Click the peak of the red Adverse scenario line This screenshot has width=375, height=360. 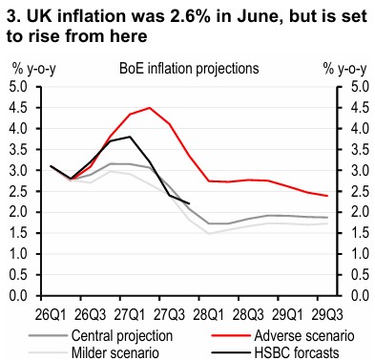(x=150, y=108)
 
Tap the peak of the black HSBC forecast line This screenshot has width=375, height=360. (x=130, y=137)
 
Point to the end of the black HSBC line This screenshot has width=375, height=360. (x=189, y=203)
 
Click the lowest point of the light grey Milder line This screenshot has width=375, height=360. (x=209, y=233)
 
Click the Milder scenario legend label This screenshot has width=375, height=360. (x=115, y=352)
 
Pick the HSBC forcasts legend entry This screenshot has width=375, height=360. (x=297, y=352)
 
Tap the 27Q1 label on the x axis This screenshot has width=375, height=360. (x=129, y=315)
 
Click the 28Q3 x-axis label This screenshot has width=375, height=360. (x=248, y=315)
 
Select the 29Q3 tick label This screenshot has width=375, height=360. (x=327, y=315)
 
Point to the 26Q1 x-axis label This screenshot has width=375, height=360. (x=51, y=315)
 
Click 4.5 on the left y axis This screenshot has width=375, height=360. (x=18, y=108)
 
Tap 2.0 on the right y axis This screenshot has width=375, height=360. (x=361, y=212)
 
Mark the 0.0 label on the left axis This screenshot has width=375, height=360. (x=18, y=296)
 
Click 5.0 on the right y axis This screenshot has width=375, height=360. (x=361, y=87)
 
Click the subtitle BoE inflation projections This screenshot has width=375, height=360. (x=189, y=69)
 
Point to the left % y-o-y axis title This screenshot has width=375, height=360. (x=34, y=70)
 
